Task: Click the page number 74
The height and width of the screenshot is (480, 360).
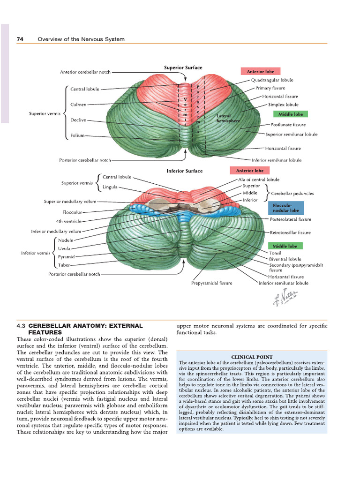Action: pos(20,39)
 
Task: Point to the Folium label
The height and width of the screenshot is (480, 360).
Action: pos(77,135)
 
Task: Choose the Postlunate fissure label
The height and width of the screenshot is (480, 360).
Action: pos(288,125)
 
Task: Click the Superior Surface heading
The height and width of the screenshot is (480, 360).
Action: pos(183,67)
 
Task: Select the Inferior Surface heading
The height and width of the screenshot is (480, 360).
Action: pos(185,171)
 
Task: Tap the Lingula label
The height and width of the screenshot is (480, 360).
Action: pos(110,187)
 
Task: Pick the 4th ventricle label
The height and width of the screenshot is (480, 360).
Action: pos(68,221)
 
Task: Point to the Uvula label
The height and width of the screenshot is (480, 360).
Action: pos(64,248)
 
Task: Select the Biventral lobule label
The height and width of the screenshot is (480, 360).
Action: pos(285,259)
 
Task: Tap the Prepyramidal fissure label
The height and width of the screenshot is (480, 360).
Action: pos(211,283)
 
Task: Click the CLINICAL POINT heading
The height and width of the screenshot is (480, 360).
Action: pos(252,357)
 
